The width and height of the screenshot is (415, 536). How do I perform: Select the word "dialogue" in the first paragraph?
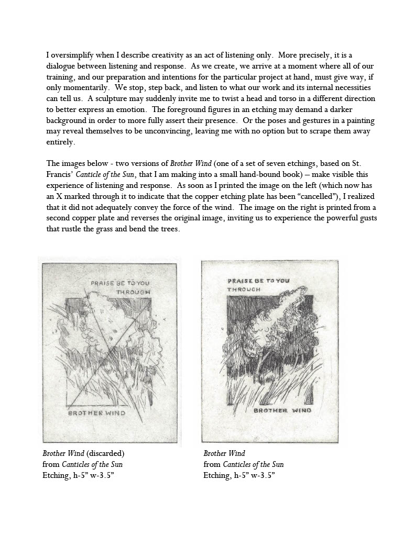coord(62,65)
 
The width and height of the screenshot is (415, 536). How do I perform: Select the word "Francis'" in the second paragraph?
coord(59,174)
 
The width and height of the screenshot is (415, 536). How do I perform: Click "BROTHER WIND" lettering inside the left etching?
coord(97,413)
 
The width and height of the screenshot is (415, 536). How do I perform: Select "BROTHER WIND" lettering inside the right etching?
coord(282,410)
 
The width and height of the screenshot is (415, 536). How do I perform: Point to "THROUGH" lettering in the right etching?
coord(244,289)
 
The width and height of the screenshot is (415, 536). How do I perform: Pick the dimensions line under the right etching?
coord(239,475)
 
